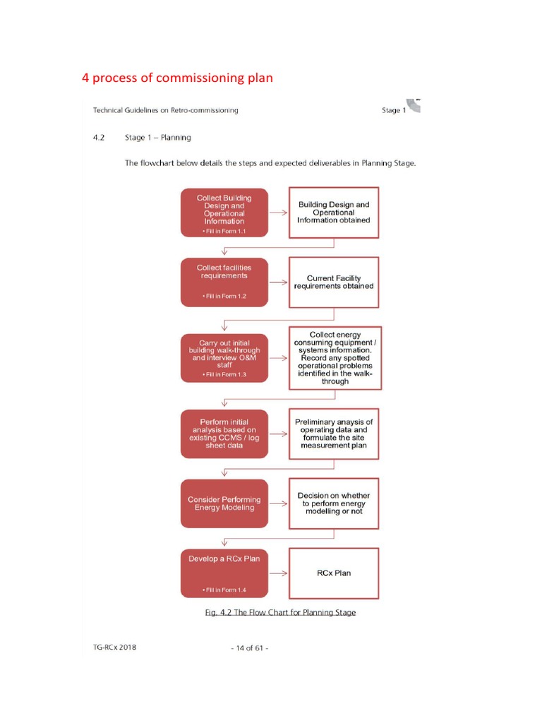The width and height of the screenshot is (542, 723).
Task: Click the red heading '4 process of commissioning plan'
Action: [x=177, y=78]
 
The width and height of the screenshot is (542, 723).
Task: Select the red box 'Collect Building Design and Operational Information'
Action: [x=224, y=211]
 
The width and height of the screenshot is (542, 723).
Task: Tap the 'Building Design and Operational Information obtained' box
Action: [x=334, y=212]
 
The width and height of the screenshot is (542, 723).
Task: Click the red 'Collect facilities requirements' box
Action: [x=224, y=282]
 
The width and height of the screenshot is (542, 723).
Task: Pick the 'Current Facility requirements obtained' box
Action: [x=334, y=282]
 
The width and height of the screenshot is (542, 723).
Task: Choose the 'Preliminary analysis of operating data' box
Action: [x=334, y=434]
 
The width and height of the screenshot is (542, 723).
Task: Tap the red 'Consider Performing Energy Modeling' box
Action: [x=224, y=503]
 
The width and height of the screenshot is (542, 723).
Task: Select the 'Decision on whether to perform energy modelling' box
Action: [x=334, y=503]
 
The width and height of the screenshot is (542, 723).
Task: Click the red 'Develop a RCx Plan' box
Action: [x=224, y=573]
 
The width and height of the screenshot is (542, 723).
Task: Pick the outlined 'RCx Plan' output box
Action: [x=334, y=573]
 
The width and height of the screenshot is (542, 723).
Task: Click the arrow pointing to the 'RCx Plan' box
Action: [x=278, y=573]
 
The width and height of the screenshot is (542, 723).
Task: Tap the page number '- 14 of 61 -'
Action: [x=249, y=648]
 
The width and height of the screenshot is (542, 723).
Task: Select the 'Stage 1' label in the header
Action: [x=393, y=110]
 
